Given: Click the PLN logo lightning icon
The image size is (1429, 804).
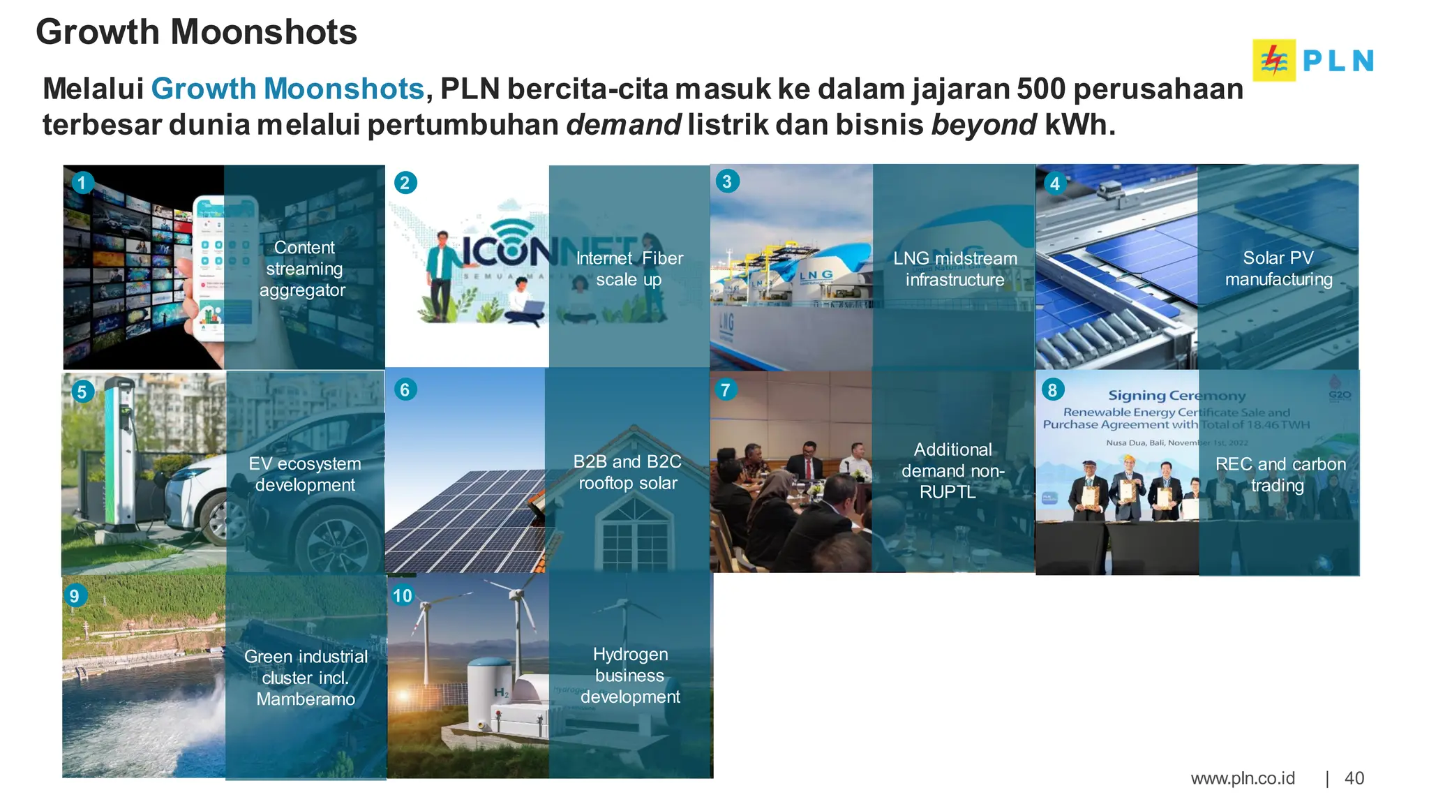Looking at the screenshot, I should point(1274,61).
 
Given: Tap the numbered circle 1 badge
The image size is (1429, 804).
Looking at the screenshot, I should point(82,183).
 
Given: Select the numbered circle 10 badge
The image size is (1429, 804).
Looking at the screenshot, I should point(403,595).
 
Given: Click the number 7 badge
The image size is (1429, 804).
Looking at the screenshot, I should point(726,389).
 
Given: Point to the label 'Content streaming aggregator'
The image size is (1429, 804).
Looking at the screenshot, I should point(304,269).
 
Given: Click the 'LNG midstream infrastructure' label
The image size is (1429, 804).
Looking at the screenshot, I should point(955,269).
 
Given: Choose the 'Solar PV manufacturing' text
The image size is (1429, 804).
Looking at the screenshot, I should point(1278,269).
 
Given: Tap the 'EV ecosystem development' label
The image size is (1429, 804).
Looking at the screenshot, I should point(305,474).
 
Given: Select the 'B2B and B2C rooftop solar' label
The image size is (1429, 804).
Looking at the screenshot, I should point(627,472).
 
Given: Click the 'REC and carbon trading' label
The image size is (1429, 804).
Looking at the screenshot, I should point(1280,475).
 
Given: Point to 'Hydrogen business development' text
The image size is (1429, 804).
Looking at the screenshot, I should point(630,675).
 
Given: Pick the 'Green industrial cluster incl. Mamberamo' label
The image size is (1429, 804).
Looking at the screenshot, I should point(306,677).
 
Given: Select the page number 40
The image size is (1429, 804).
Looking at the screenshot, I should point(1354,778).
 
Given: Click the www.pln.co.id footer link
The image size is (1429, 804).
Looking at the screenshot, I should point(1242,778).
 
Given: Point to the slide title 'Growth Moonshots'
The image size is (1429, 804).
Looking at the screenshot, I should point(196,32).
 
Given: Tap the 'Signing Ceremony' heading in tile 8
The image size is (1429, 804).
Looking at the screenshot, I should point(1176,396).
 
